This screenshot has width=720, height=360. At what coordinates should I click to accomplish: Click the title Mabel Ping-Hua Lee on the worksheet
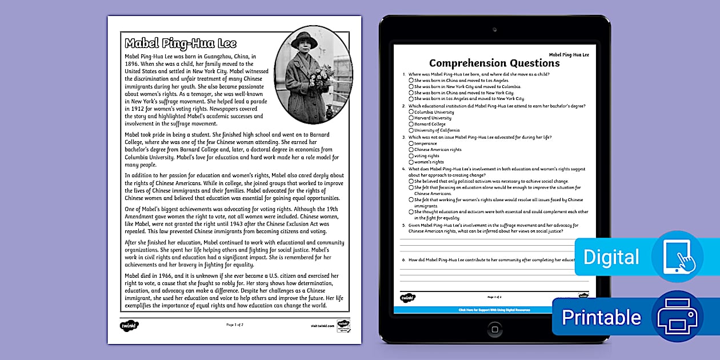[181, 44]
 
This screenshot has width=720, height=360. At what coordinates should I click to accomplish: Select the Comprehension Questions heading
[494, 63]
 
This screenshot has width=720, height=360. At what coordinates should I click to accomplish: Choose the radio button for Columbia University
[411, 112]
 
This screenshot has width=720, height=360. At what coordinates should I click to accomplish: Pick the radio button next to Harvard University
[411, 118]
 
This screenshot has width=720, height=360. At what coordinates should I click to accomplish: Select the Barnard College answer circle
[411, 124]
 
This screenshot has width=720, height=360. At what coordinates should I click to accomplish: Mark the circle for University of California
[411, 130]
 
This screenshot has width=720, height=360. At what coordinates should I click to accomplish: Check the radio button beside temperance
[411, 143]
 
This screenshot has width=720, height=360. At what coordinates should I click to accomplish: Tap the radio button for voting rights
[411, 155]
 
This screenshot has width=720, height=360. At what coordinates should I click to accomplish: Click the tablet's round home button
[495, 329]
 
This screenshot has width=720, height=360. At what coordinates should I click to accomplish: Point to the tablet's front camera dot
[495, 29]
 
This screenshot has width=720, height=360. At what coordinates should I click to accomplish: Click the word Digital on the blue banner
[611, 258]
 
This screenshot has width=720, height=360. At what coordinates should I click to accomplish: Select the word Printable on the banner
[601, 317]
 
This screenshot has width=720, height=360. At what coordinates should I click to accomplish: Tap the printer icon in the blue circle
[677, 316]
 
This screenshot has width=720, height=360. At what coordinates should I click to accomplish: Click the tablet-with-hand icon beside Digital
[677, 257]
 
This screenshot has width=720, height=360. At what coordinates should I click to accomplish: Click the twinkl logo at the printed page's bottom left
[130, 325]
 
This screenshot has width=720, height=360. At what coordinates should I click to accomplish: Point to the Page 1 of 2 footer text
[235, 325]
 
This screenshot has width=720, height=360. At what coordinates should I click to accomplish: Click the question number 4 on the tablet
[404, 169]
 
